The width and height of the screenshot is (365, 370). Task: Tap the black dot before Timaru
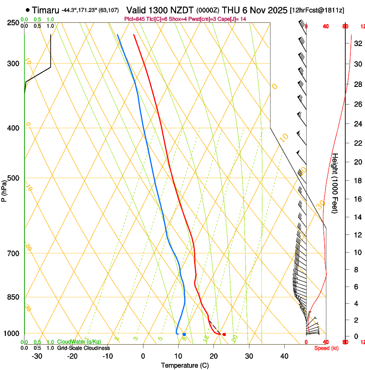pos(28,10)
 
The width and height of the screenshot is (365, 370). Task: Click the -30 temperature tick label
pos(37,356)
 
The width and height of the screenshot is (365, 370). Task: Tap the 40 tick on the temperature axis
pos(284,356)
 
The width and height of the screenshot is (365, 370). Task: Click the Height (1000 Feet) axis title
pos(335,183)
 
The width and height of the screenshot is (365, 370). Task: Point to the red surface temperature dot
pos(224,334)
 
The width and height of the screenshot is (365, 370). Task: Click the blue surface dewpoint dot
pos(184,334)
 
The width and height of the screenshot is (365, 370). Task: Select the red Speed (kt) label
pos(326,348)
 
